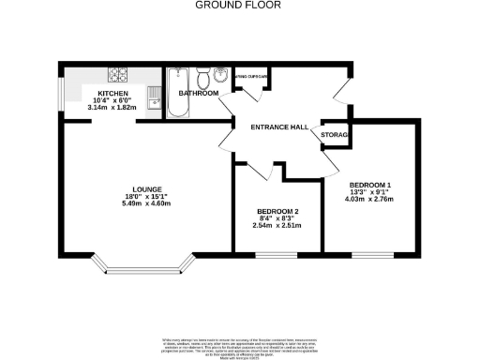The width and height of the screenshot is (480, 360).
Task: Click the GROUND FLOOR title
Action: [239, 5]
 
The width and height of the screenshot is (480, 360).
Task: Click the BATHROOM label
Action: [199, 94]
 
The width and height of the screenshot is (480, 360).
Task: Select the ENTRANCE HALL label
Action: [278, 127]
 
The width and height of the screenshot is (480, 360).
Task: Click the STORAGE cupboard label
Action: [335, 137]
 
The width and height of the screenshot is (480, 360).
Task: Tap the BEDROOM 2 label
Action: [277, 211]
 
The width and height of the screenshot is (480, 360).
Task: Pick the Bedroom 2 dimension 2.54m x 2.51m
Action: [277, 226]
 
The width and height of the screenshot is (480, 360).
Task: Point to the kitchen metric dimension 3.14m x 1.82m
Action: [111, 108]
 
